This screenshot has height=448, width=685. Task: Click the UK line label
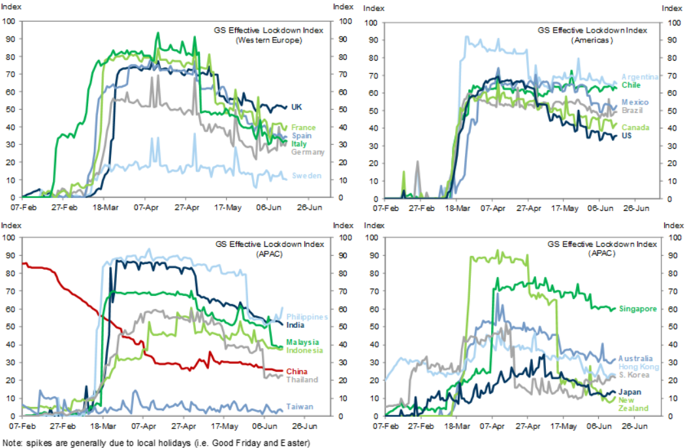coord(296,107)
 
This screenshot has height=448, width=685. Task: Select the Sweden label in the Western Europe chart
coord(306,175)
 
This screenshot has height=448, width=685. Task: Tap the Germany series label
coord(308,152)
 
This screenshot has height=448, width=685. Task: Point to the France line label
coord(304,127)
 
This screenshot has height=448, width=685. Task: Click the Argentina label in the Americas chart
coord(640,76)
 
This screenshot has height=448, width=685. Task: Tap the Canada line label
coord(635,127)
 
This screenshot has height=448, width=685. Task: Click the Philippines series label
coord(308,317)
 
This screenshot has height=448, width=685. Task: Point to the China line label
coord(296,372)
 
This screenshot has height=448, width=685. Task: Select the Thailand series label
coord(302,379)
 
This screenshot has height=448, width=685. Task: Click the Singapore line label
coord(637,309)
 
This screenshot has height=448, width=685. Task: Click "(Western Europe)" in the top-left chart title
coord(269,39)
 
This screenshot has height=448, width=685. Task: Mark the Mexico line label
coord(635,103)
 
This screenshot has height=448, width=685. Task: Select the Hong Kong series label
coord(639,367)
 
